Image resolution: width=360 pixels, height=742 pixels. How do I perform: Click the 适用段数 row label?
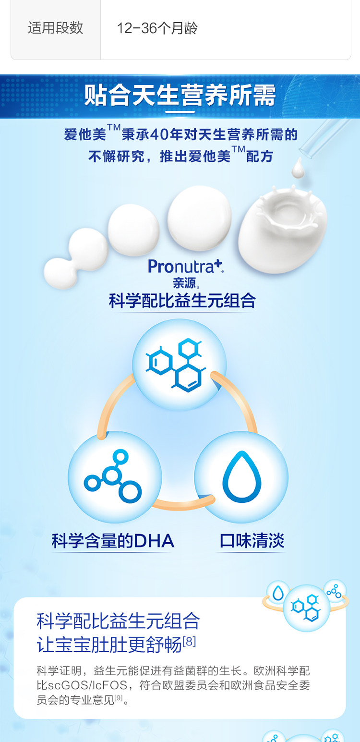pyautogui.click(x=55, y=28)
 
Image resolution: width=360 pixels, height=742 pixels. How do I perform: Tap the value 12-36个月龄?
pyautogui.click(x=157, y=28)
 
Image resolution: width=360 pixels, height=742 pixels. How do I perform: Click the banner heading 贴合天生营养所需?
pyautogui.click(x=180, y=96)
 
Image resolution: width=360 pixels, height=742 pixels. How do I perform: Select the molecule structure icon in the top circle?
pyautogui.click(x=179, y=365)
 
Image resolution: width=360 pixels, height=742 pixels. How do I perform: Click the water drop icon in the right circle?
pyautogui.click(x=242, y=477)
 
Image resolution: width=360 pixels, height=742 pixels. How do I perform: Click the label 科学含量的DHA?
pyautogui.click(x=113, y=541)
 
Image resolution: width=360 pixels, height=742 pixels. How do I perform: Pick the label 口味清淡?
pyautogui.click(x=252, y=541)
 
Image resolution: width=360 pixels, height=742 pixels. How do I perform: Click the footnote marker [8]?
pyautogui.click(x=189, y=642)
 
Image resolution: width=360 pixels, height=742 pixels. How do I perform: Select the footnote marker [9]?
pyautogui.click(x=119, y=697)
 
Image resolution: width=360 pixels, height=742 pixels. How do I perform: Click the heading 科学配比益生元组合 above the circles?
pyautogui.click(x=182, y=301)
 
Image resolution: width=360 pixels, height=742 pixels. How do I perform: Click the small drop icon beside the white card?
pyautogui.click(x=278, y=593)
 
